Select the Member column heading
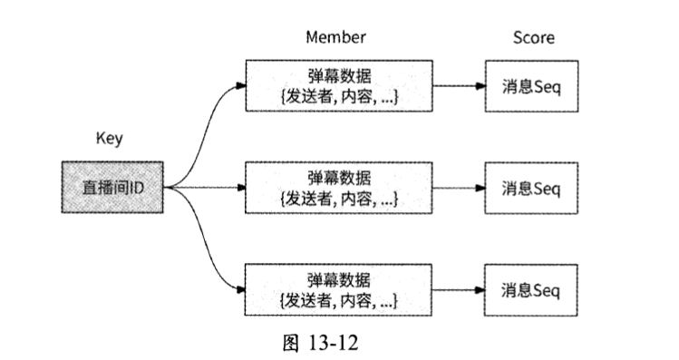point(336,37)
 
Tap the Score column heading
point(533,37)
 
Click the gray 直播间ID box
point(112,188)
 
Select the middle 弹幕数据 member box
point(339,188)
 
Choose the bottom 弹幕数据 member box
point(339,289)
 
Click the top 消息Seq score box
point(533,87)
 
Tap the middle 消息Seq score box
point(533,189)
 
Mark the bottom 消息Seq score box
point(533,290)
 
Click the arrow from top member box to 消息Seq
point(458,87)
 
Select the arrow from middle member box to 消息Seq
point(458,189)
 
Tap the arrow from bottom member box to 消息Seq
point(458,290)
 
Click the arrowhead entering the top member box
point(241,86)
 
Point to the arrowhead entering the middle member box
point(241,188)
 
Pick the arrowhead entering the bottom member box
point(241,290)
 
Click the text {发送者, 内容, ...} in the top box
point(339,96)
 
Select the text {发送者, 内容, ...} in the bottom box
point(339,299)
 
